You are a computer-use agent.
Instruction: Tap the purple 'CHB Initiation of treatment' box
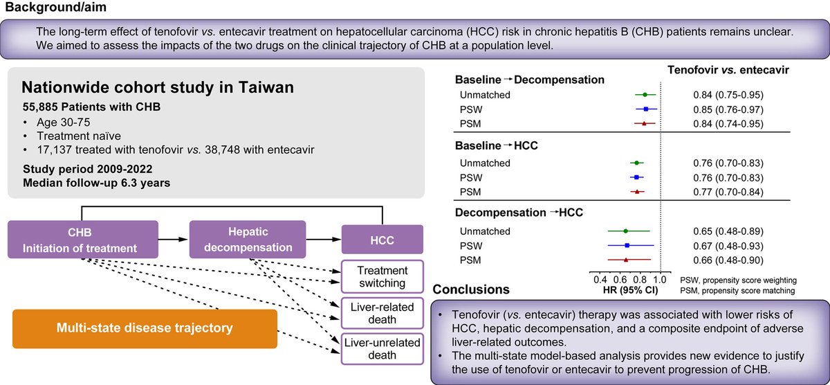point(83,238)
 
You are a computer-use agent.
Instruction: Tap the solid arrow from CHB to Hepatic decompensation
point(174,238)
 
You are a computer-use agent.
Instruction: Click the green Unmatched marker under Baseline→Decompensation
point(645,94)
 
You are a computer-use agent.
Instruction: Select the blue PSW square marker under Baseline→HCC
point(636,177)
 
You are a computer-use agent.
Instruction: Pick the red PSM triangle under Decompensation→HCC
point(626,260)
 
